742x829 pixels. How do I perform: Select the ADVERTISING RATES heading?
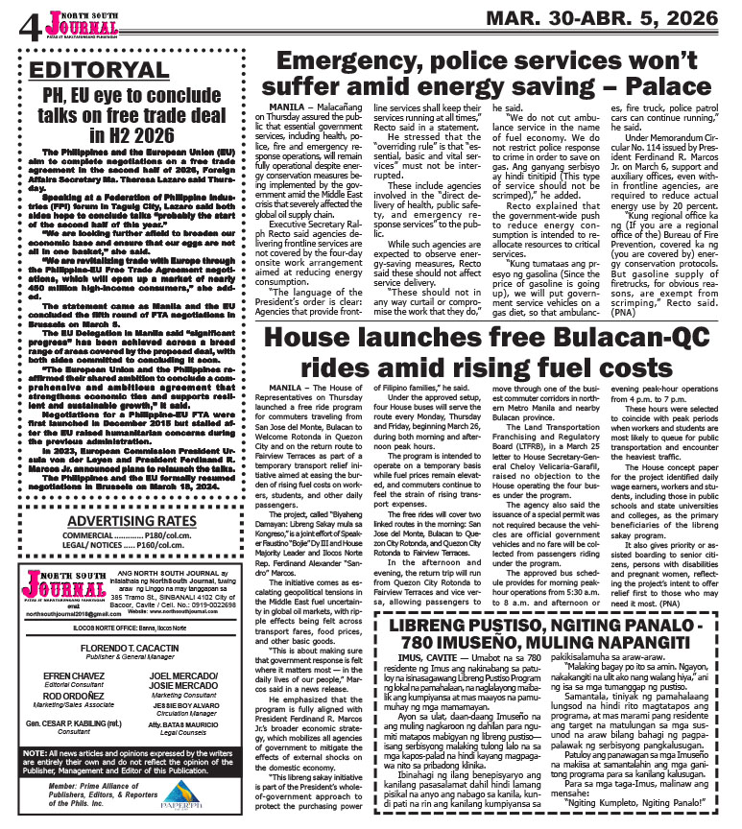click(130, 521)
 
